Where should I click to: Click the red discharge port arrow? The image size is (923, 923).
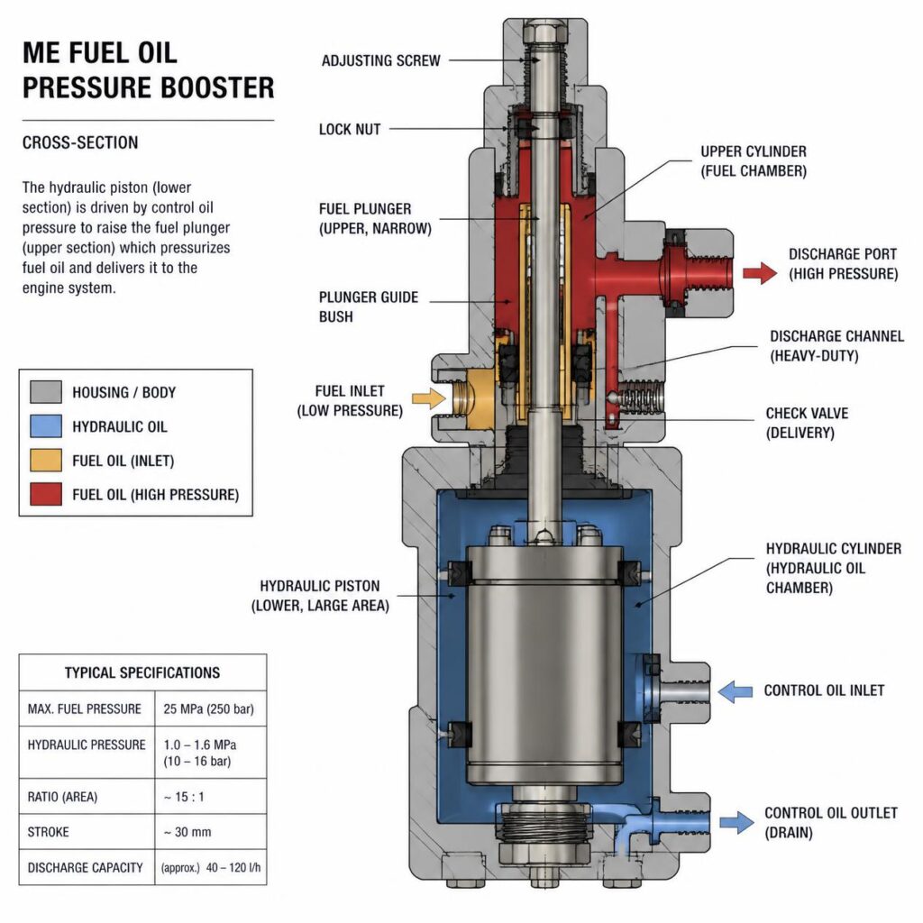760,273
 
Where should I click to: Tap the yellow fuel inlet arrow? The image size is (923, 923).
428,398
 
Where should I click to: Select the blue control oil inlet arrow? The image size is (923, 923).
736,691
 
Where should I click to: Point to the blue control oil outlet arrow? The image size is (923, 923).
736,822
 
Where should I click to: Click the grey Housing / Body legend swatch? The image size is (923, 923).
46,392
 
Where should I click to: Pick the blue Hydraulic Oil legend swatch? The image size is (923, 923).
46,426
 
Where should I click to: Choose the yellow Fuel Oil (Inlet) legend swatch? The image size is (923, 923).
46,461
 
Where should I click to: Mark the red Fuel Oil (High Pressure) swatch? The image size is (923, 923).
46,495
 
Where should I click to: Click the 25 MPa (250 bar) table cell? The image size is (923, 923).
208,708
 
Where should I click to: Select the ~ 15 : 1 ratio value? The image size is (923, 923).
184,797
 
